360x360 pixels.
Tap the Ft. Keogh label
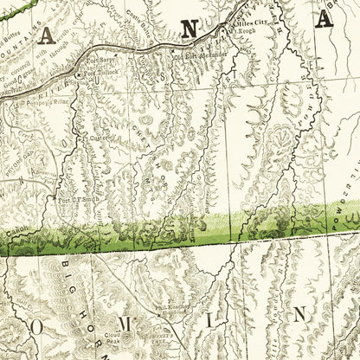pyautogui.click(x=245, y=31)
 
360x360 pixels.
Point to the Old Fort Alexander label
pyautogui.click(x=191, y=59)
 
